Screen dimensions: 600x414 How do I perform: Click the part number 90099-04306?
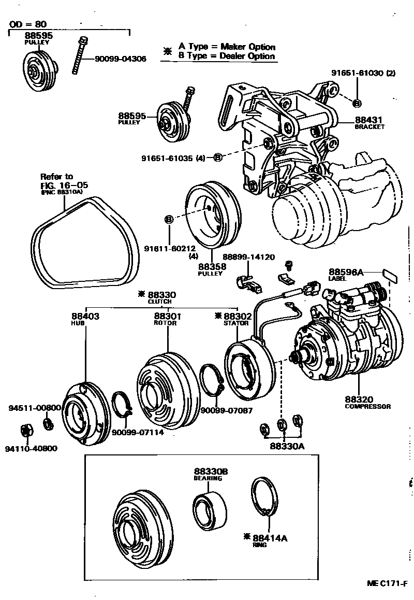point(120,59)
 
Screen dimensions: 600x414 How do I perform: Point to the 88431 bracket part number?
point(368,120)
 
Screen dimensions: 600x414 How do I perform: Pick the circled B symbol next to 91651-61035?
point(218,157)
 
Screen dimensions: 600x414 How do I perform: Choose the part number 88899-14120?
point(248,257)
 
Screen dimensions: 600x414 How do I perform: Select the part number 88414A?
point(269,538)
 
